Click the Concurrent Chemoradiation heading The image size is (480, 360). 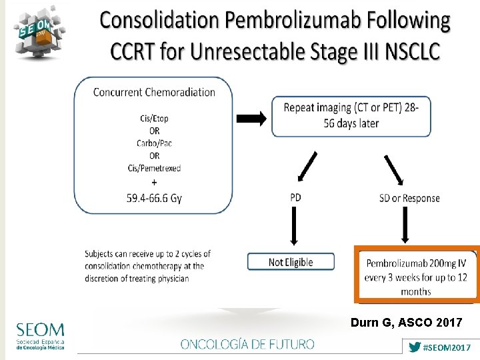pyautogui.click(x=154, y=92)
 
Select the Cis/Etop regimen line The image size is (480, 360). pyautogui.click(x=154, y=118)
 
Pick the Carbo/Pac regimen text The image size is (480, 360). pyautogui.click(x=154, y=143)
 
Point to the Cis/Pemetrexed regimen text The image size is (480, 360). pyautogui.click(x=154, y=168)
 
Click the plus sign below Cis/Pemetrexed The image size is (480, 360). pyautogui.click(x=155, y=182)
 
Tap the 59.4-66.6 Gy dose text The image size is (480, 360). pyautogui.click(x=154, y=198)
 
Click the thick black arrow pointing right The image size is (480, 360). pyautogui.click(x=251, y=119)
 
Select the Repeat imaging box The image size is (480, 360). pyautogui.click(x=351, y=115)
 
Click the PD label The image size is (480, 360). pyautogui.click(x=296, y=197)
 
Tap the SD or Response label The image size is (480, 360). pyautogui.click(x=409, y=198)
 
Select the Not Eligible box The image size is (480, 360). pyautogui.click(x=291, y=262)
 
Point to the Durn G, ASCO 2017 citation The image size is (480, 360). pyautogui.click(x=406, y=323)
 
